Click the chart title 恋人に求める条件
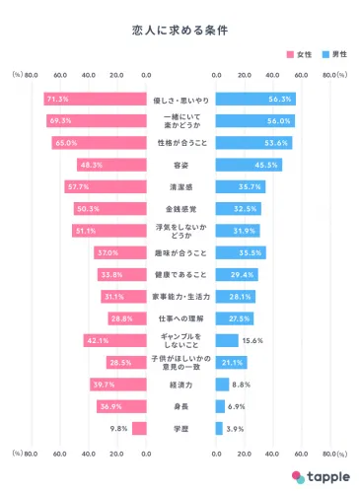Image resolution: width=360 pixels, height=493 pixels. pyautogui.click(x=180, y=31)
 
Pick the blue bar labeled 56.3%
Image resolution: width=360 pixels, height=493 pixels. pyautogui.click(x=254, y=99)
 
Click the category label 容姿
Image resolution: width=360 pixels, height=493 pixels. pyautogui.click(x=180, y=165)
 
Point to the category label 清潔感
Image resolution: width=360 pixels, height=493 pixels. pyautogui.click(x=180, y=186)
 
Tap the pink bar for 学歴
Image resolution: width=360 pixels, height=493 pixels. pyautogui.click(x=139, y=428)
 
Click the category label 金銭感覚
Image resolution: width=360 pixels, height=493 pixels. pyautogui.click(x=180, y=209)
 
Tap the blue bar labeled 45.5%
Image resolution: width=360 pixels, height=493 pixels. pyautogui.click(x=247, y=165)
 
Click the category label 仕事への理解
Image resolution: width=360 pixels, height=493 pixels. pyautogui.click(x=180, y=318)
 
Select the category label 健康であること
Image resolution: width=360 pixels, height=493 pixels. pyautogui.click(x=180, y=274)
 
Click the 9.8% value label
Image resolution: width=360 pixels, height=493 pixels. pyautogui.click(x=118, y=428)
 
